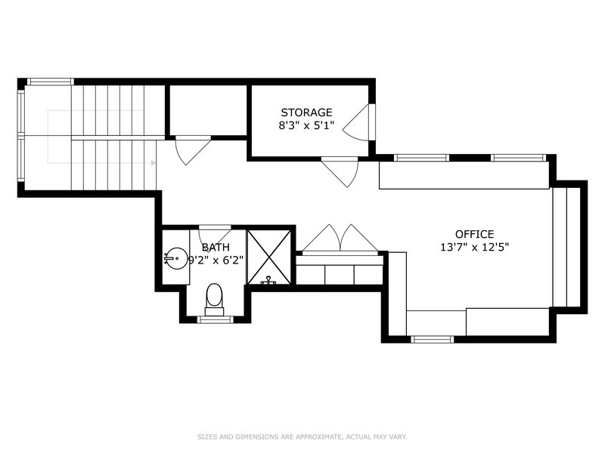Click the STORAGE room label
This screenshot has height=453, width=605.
[x=306, y=112]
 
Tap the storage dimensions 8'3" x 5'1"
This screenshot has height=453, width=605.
[x=306, y=125]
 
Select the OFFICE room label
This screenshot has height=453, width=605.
[x=475, y=234]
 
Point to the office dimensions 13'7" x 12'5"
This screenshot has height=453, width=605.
[x=475, y=247]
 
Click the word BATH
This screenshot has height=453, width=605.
[x=216, y=248]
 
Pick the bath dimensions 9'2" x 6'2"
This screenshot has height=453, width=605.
[x=216, y=260]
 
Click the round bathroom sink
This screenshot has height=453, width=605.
[x=176, y=258]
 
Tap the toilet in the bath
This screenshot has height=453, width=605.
[x=215, y=300]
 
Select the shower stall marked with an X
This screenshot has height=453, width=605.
[x=269, y=257]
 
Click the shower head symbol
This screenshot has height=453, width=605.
[x=268, y=281]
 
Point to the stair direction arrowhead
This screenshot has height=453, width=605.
[x=154, y=163]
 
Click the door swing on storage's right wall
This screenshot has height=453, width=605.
[x=356, y=122]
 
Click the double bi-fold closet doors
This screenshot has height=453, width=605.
[x=340, y=239]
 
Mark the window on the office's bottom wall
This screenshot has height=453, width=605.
[x=432, y=339]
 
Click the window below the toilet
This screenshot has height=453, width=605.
[x=215, y=319]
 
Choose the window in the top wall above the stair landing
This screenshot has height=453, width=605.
[x=50, y=82]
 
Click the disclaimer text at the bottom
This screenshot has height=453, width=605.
[x=302, y=437]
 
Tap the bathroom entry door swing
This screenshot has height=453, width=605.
[x=215, y=236]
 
